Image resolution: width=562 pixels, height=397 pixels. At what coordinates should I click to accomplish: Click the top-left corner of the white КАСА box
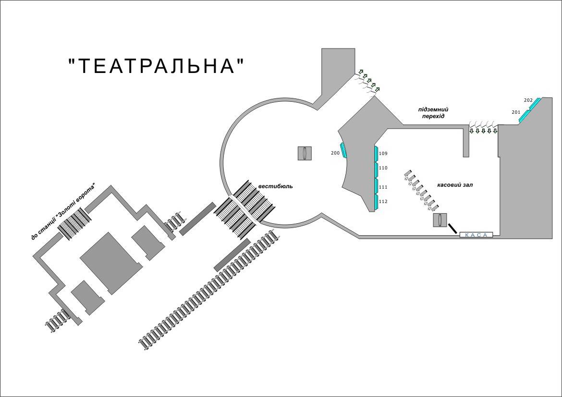click(x=460, y=232)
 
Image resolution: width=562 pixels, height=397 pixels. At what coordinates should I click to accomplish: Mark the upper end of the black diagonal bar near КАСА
click(x=448, y=223)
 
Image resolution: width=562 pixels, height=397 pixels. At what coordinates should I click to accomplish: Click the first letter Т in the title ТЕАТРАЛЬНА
click(x=83, y=66)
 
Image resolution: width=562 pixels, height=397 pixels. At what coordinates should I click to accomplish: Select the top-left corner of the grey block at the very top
click(x=322, y=48)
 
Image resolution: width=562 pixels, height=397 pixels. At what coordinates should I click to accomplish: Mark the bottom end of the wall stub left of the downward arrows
click(x=466, y=157)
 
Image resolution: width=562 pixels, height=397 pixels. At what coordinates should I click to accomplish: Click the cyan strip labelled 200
click(x=344, y=150)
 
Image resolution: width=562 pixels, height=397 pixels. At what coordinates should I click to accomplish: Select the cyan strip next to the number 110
click(x=376, y=170)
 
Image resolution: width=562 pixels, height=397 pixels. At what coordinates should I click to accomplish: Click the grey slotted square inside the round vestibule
click(x=305, y=153)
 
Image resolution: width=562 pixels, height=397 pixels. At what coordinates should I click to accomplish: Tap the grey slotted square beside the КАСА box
click(x=440, y=220)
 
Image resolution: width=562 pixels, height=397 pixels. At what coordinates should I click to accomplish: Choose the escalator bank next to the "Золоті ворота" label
click(x=75, y=223)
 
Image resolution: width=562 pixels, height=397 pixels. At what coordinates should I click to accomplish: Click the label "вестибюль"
click(x=276, y=186)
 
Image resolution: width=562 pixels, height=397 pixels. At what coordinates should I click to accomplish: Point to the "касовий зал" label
click(x=455, y=185)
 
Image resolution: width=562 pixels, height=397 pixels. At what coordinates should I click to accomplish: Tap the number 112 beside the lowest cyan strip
click(x=383, y=201)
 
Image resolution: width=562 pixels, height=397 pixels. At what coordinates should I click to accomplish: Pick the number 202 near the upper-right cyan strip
click(x=528, y=100)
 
